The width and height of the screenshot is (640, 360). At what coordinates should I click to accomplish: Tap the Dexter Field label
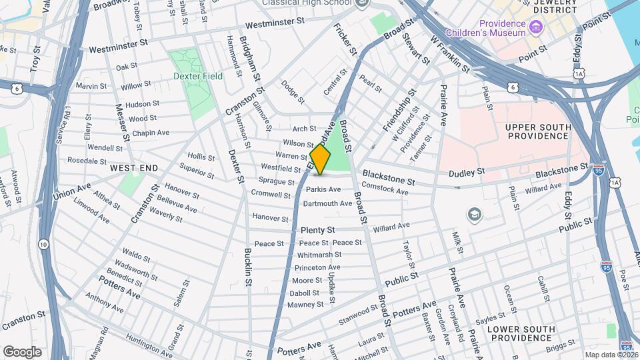(x=198, y=77)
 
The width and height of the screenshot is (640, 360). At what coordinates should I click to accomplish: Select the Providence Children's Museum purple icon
(x=537, y=28)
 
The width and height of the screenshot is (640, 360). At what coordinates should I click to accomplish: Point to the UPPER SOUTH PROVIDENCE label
(x=536, y=131)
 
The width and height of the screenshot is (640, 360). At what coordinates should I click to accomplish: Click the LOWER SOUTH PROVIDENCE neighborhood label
(x=521, y=334)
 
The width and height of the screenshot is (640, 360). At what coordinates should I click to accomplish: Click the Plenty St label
(x=317, y=230)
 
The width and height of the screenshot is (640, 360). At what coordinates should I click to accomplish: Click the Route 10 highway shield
(x=43, y=244)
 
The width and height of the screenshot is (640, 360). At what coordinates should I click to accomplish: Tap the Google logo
(x=22, y=351)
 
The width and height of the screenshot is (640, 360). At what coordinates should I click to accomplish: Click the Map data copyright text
(x=611, y=355)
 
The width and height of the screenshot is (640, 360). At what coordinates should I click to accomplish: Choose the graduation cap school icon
(x=474, y=214)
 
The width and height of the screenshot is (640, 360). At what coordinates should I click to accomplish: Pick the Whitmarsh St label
(x=319, y=255)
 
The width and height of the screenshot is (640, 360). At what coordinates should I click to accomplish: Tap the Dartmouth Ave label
(x=327, y=203)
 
